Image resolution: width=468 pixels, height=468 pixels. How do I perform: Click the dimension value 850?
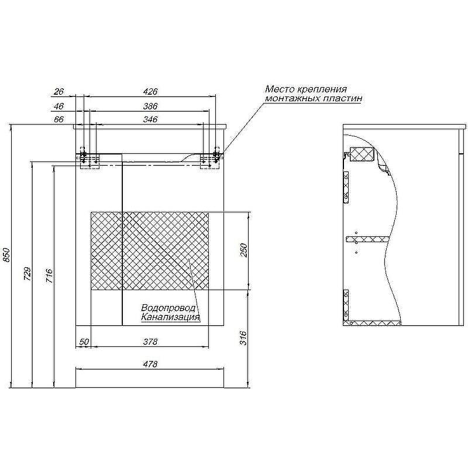click(x=7, y=255)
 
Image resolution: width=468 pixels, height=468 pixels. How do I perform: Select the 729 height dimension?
click(x=27, y=274)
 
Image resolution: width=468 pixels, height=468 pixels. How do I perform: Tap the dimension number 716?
click(x=50, y=276)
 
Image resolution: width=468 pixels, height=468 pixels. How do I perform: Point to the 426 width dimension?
click(x=150, y=92)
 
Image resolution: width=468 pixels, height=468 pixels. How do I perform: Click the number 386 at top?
click(x=150, y=106)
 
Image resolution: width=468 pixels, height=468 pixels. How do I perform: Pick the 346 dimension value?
click(x=150, y=119)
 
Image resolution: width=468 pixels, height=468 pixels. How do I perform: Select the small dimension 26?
click(x=59, y=92)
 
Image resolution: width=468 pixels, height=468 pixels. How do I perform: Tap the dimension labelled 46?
click(x=59, y=106)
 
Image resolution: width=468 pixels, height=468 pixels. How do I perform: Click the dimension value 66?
click(x=59, y=119)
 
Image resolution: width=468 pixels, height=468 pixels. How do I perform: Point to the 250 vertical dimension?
click(x=244, y=250)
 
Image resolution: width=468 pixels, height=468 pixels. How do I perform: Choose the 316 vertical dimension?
click(x=244, y=338)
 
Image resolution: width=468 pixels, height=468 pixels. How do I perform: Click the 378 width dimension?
click(x=150, y=342)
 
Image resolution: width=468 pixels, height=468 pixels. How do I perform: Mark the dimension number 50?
click(x=84, y=342)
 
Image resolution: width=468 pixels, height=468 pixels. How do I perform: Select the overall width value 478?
click(x=150, y=364)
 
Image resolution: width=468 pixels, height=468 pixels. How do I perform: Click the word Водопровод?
click(x=168, y=308)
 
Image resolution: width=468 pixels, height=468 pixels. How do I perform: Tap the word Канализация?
click(x=170, y=317)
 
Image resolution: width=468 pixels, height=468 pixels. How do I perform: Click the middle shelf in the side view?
click(x=368, y=239)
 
